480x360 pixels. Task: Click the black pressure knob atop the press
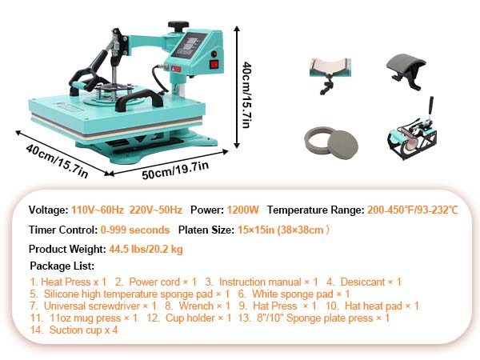click(x=178, y=26)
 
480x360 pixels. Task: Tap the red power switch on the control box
click(x=214, y=64)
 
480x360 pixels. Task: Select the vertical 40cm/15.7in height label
click(x=246, y=95)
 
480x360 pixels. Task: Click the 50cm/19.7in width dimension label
click(x=175, y=170)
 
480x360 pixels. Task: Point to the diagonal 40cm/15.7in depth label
click(x=58, y=161)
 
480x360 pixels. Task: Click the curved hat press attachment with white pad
click(x=330, y=74)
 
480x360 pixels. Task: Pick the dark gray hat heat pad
click(x=406, y=71)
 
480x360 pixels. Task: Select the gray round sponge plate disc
click(x=343, y=145)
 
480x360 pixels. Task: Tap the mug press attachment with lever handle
click(x=412, y=134)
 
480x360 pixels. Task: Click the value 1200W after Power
click(x=242, y=210)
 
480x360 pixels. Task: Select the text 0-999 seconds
click(x=135, y=230)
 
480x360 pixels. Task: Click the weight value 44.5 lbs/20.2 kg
click(x=146, y=249)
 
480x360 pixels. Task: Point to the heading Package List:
click(x=62, y=266)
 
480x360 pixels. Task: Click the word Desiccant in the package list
click(x=362, y=282)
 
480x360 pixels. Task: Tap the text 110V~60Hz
click(x=98, y=210)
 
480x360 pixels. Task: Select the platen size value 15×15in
click(x=256, y=230)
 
